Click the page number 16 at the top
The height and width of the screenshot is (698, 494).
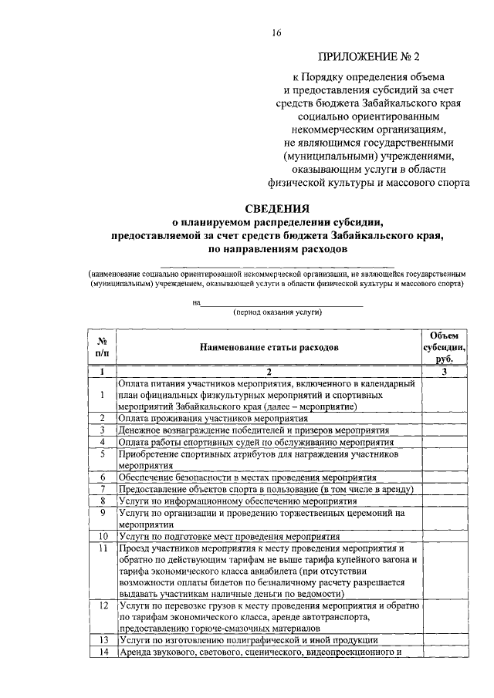[276, 32]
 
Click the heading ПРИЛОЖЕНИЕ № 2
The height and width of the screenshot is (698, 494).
[371, 56]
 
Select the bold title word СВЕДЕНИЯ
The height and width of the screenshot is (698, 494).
[276, 208]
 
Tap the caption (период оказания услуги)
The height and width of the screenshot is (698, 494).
[276, 312]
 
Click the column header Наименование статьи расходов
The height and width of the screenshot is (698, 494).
[269, 348]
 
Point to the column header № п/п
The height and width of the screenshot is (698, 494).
[102, 348]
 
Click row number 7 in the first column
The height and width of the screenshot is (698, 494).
[102, 490]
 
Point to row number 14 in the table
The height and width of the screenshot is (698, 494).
[102, 652]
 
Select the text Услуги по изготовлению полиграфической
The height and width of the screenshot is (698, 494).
[248, 640]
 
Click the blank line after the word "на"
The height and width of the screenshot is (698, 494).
[281, 304]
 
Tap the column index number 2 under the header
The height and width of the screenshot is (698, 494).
[269, 371]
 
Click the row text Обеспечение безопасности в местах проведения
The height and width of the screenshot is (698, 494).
[247, 478]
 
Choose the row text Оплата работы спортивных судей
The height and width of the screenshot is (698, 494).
[255, 442]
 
